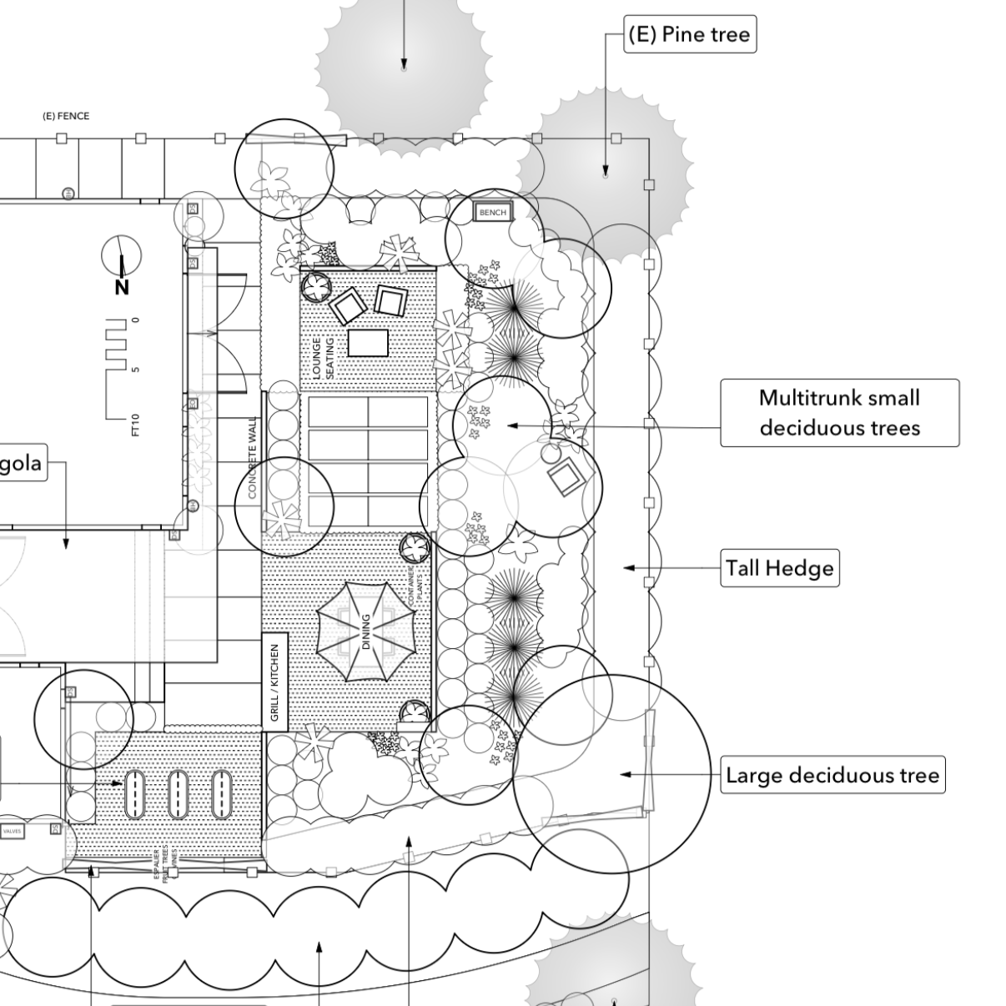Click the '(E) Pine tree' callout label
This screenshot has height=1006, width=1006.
690,35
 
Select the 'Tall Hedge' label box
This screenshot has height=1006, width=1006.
779,568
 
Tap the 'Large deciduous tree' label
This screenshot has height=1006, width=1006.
832,775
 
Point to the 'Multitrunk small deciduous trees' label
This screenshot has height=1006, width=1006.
839,413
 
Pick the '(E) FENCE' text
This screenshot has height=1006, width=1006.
66,116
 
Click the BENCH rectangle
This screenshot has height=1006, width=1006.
492,213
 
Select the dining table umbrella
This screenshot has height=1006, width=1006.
365,620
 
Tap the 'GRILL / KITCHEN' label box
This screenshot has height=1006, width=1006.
275,682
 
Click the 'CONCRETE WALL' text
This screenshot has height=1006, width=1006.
253,459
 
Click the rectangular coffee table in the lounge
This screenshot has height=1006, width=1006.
368,343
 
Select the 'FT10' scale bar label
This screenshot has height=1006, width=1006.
135,425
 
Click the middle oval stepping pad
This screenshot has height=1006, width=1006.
178,793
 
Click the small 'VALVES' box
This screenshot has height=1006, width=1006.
13,832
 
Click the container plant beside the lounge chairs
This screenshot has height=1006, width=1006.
317,288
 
